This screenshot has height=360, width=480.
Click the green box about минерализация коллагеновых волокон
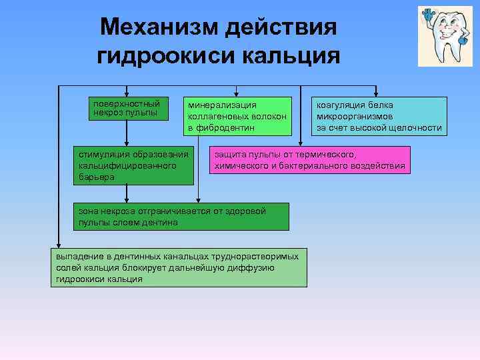coord(239,116)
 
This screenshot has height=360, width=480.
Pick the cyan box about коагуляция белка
coord(379,116)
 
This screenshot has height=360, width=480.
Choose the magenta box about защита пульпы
coord(309,160)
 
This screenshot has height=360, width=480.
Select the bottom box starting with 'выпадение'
coord(179,268)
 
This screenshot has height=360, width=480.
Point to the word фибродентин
coord(229,127)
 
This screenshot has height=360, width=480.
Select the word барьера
coord(96,177)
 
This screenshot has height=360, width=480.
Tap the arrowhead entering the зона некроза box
coord(199,199)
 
